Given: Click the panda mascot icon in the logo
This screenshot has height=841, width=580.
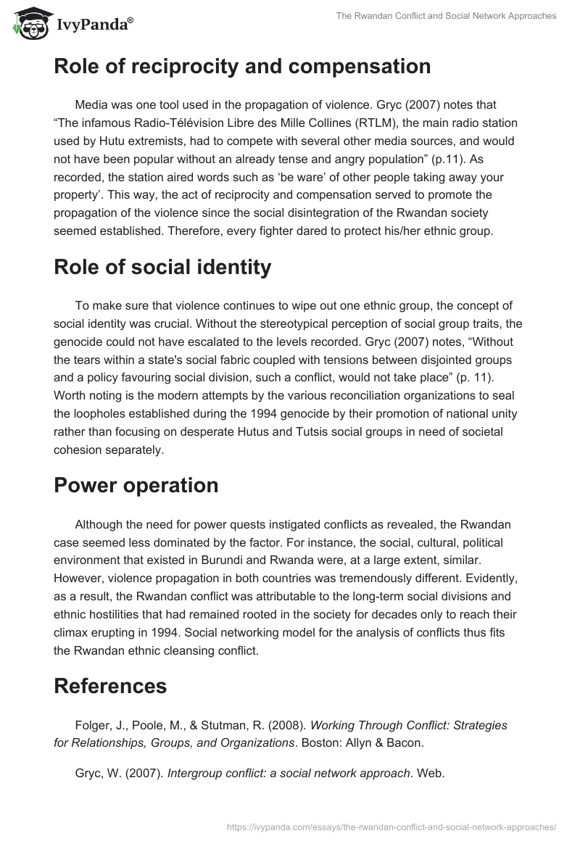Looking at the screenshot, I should (28, 23).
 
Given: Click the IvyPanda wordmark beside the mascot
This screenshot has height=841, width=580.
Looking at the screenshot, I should (94, 25).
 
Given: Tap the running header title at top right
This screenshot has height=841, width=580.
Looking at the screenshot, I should (447, 16).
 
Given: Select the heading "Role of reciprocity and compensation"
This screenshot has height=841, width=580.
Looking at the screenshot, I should (242, 67).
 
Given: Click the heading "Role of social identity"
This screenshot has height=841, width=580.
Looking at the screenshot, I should (162, 267).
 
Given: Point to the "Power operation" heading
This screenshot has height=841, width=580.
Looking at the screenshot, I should (136, 485).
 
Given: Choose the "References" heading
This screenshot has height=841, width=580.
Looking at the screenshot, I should (110, 685).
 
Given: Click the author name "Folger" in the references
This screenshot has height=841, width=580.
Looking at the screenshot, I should (93, 725).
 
